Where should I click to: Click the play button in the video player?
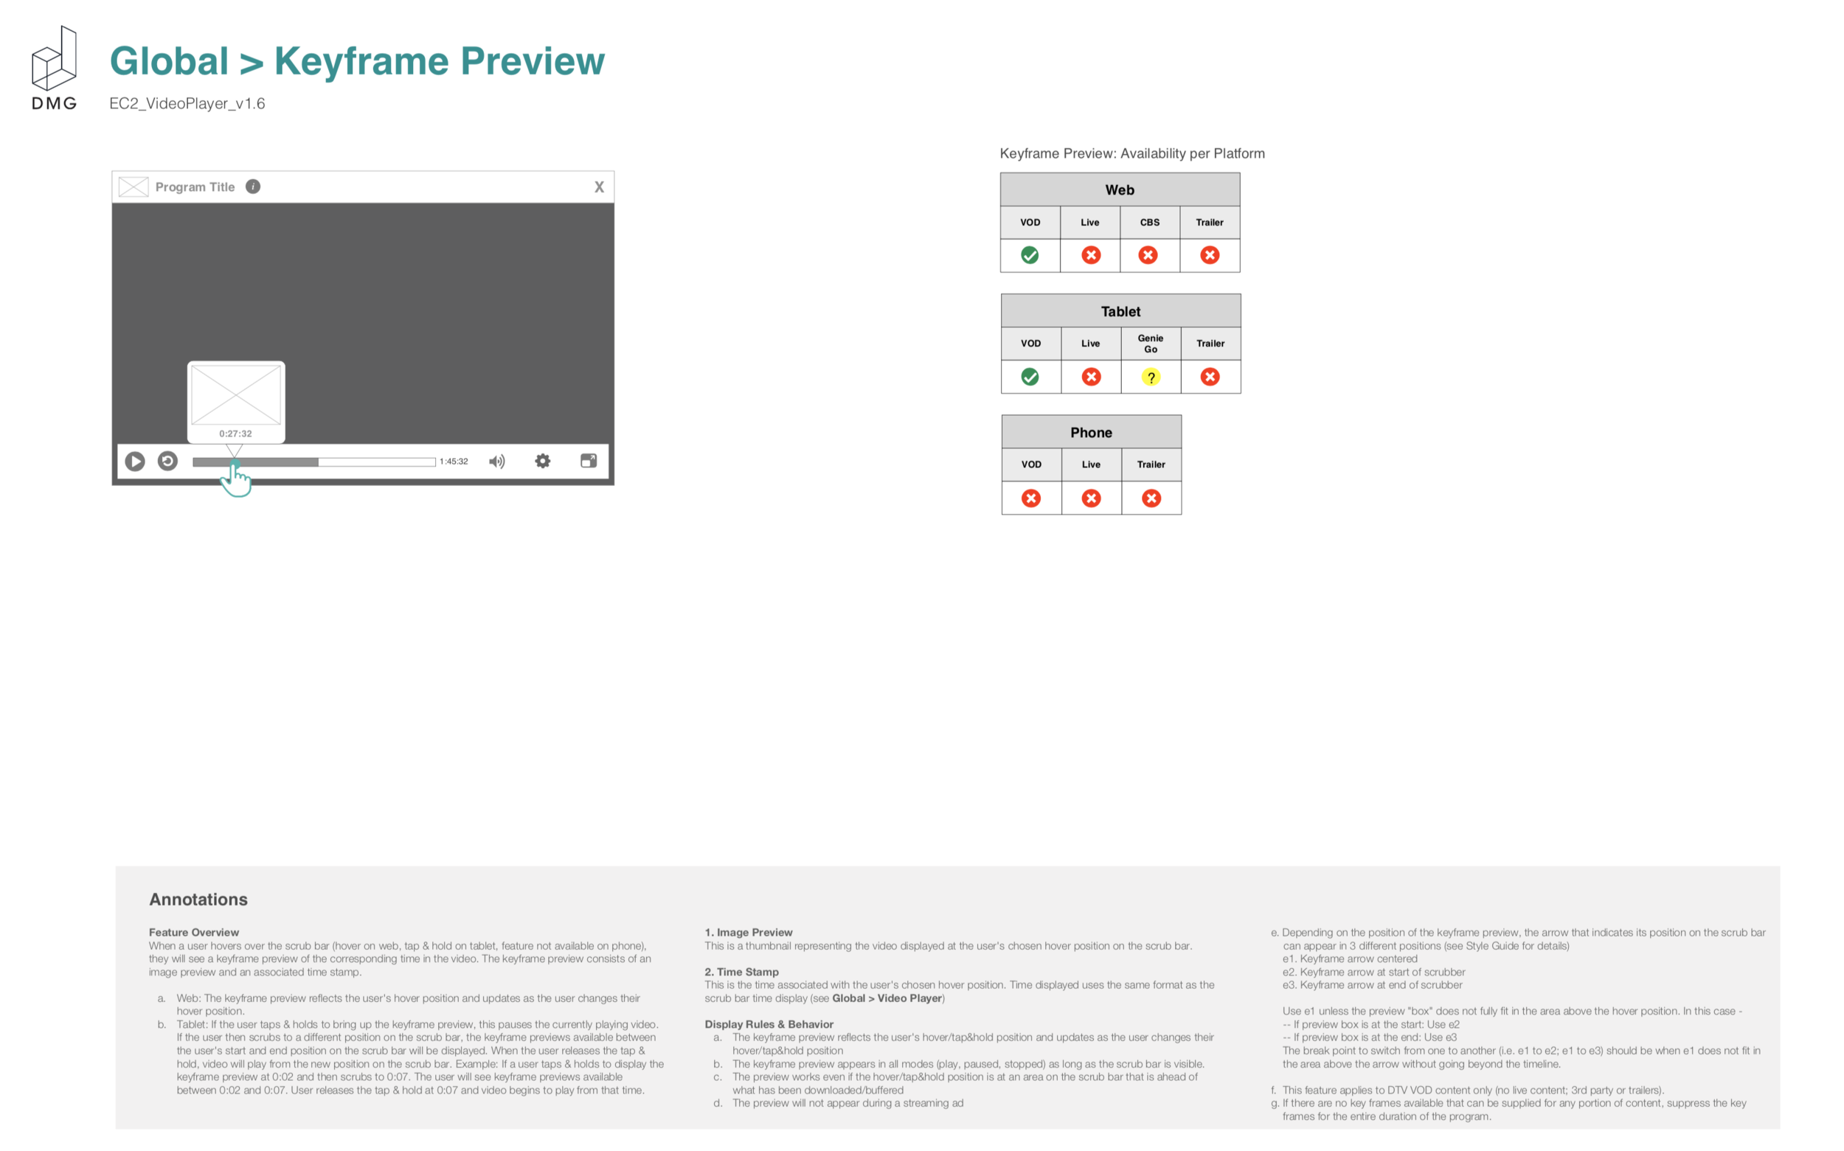pyautogui.click(x=135, y=462)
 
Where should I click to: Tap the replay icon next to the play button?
pyautogui.click(x=167, y=462)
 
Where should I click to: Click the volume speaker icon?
pyautogui.click(x=496, y=462)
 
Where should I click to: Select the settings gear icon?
pyautogui.click(x=542, y=461)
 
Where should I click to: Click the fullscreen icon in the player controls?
pyautogui.click(x=589, y=461)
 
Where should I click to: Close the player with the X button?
pyautogui.click(x=599, y=187)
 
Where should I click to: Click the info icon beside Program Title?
pyautogui.click(x=253, y=187)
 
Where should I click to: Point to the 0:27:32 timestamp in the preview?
pyautogui.click(x=235, y=434)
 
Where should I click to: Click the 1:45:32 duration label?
pyautogui.click(x=454, y=462)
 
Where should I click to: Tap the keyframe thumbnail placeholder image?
pyautogui.click(x=236, y=394)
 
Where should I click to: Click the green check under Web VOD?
pyautogui.click(x=1030, y=255)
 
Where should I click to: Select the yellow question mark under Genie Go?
pyautogui.click(x=1151, y=377)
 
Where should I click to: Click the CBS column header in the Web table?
pyautogui.click(x=1150, y=222)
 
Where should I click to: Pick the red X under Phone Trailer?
pyautogui.click(x=1151, y=498)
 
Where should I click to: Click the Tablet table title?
pyautogui.click(x=1120, y=311)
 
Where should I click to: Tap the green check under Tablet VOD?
pyautogui.click(x=1030, y=377)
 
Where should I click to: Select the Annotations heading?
pyautogui.click(x=198, y=899)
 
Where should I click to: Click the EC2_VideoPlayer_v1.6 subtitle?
pyautogui.click(x=187, y=103)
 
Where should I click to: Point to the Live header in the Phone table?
pyautogui.click(x=1091, y=465)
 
